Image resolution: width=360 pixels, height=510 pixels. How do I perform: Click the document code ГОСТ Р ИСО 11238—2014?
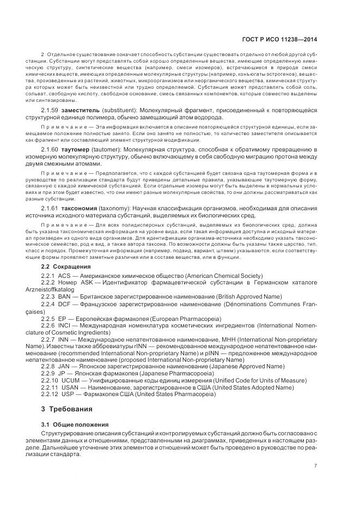coord(287,39)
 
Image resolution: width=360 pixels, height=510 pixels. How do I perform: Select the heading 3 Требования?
coord(67,409)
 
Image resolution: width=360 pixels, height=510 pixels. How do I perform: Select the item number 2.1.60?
coord(50,149)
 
